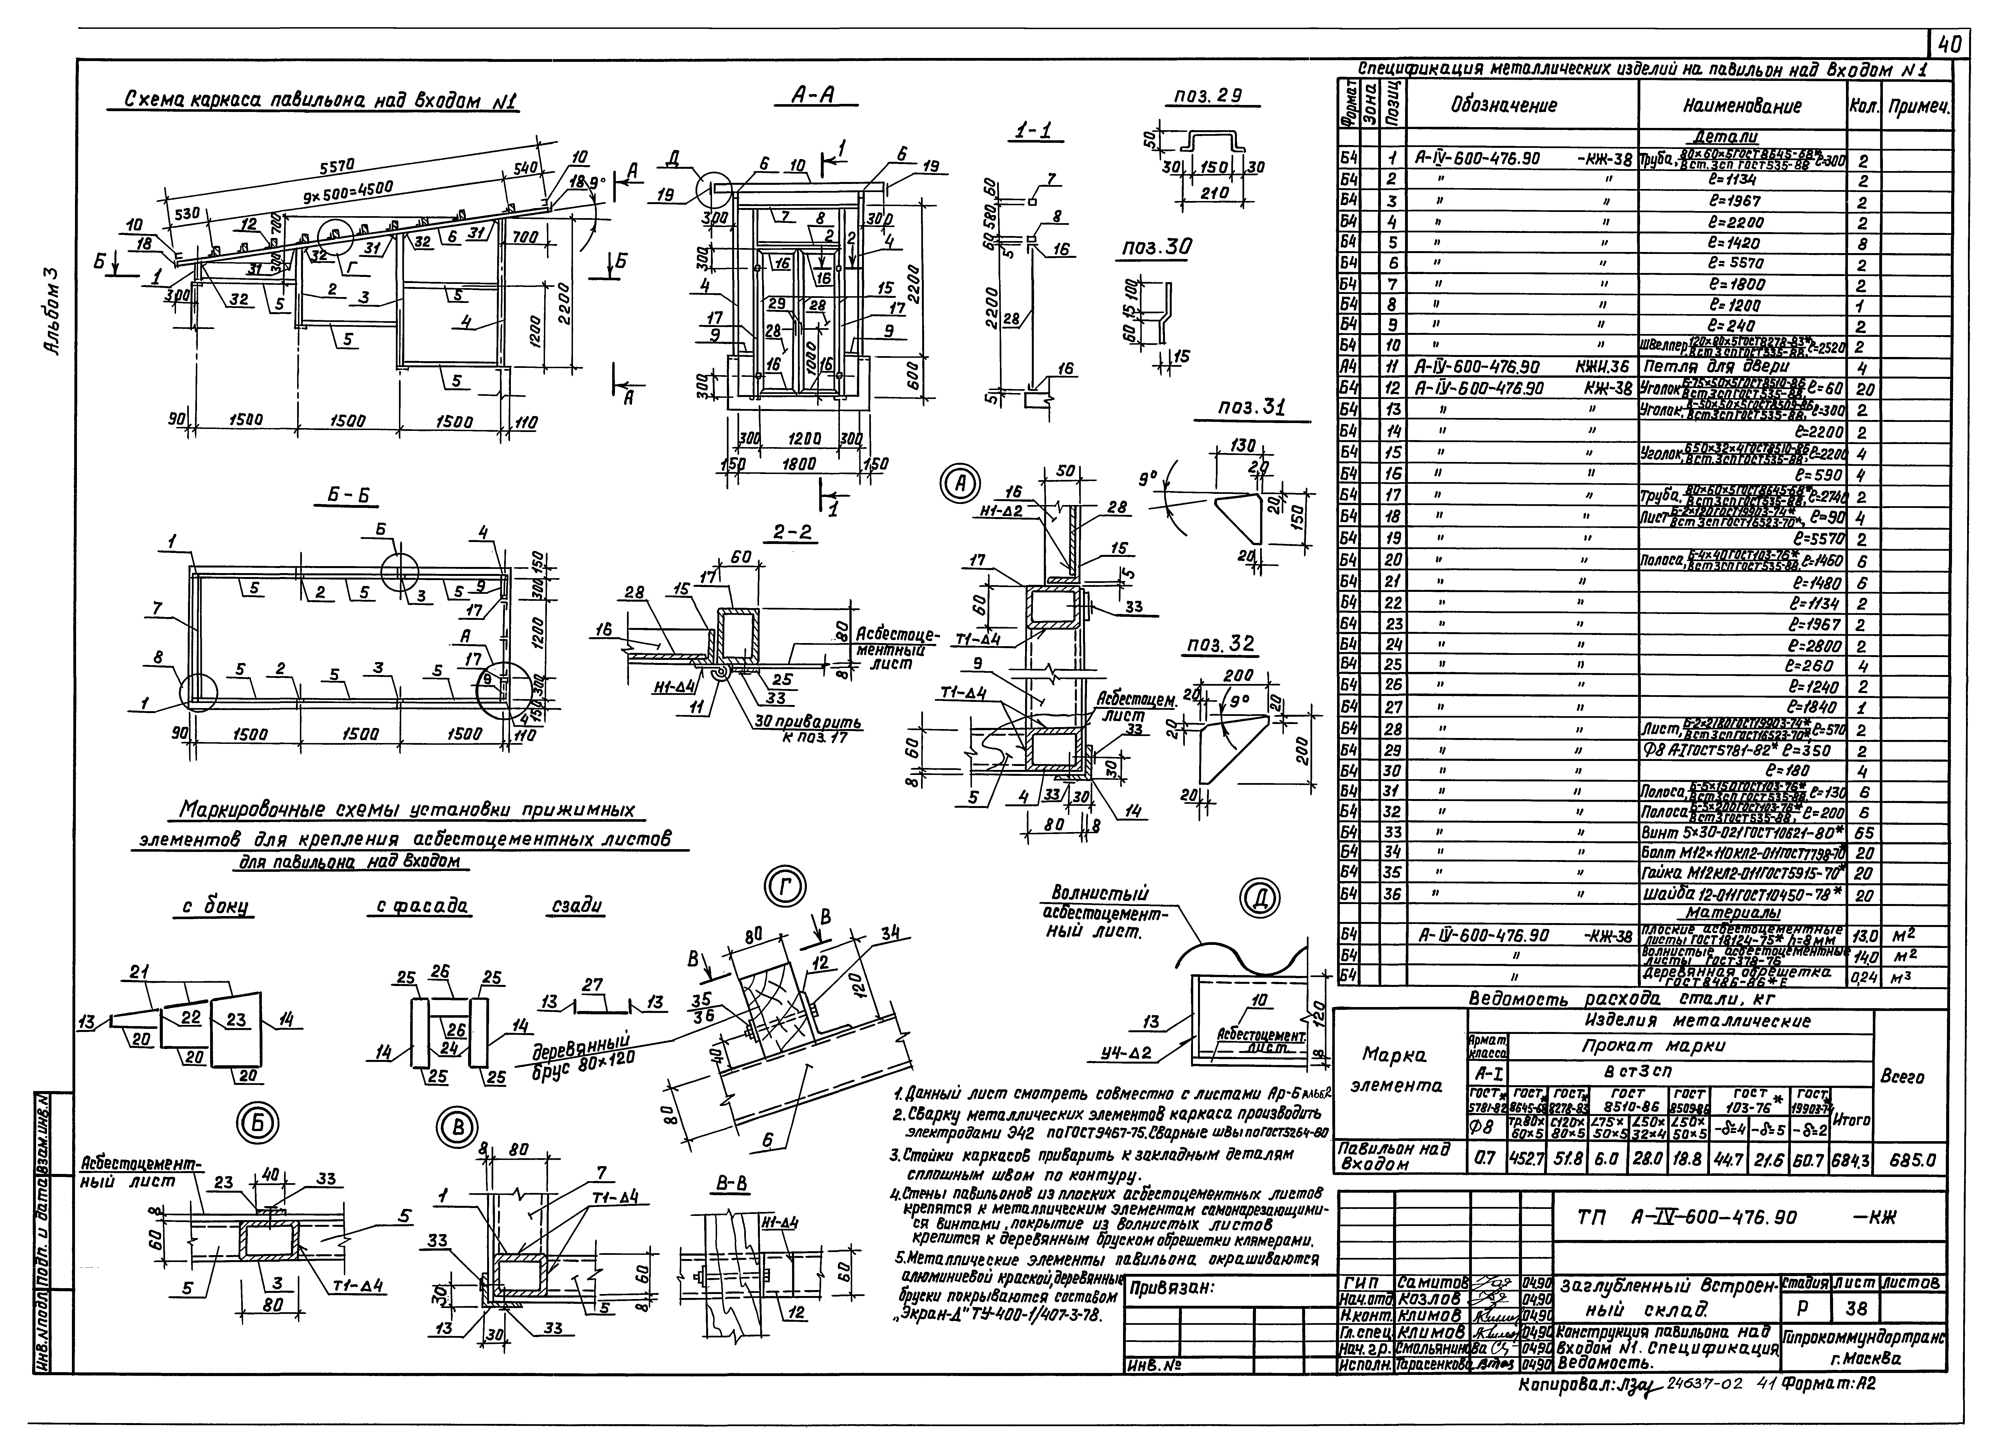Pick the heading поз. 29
coord(1208,96)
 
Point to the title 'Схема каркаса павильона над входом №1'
coord(313,102)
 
